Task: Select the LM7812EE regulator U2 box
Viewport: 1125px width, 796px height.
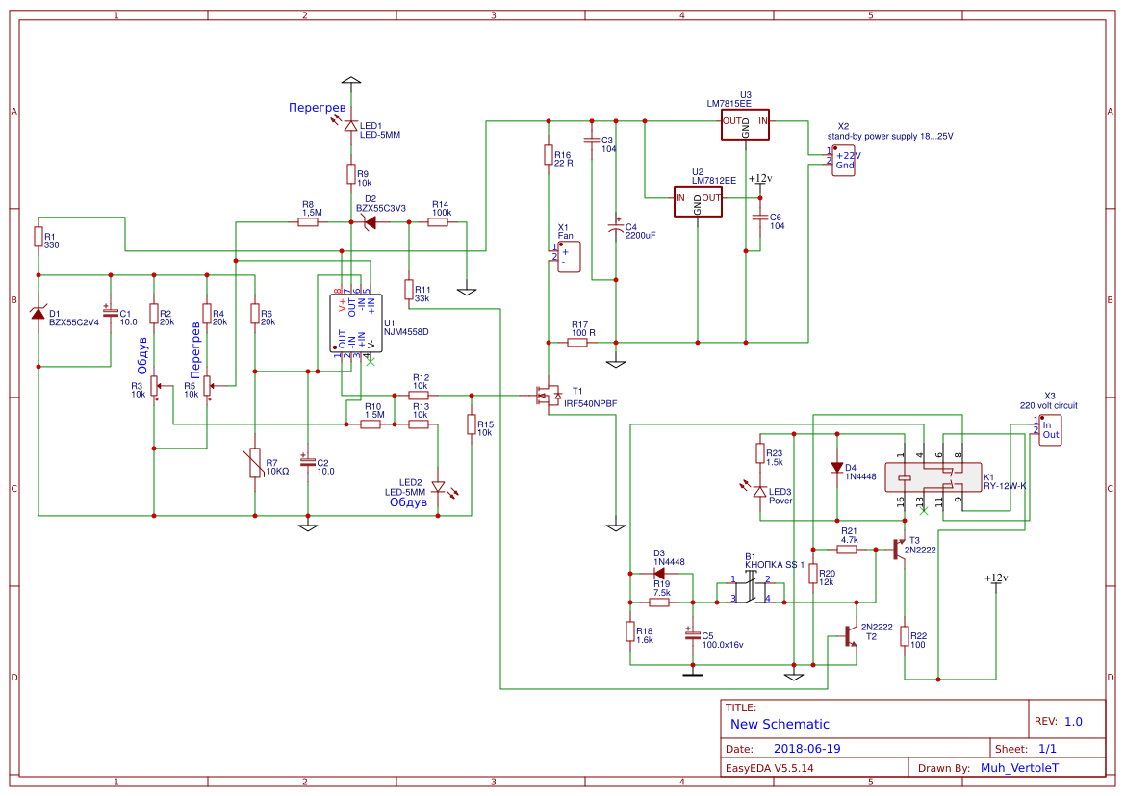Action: pyautogui.click(x=698, y=200)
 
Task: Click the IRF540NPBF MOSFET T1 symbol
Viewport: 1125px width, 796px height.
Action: pyautogui.click(x=550, y=395)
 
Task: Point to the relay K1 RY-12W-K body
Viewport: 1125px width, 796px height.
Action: pyautogui.click(x=928, y=477)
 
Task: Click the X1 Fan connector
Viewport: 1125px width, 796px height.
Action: pyautogui.click(x=568, y=256)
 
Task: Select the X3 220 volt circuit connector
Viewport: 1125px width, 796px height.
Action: pyautogui.click(x=1049, y=428)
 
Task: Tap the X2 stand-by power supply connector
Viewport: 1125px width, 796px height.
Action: pyautogui.click(x=844, y=160)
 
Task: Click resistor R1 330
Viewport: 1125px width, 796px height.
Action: pyautogui.click(x=38, y=237)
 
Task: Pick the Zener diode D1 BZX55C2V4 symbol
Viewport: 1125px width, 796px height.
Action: pyautogui.click(x=38, y=313)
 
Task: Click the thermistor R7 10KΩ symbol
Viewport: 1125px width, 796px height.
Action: pyautogui.click(x=255, y=463)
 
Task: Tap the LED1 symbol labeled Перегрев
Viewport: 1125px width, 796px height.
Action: pyautogui.click(x=351, y=126)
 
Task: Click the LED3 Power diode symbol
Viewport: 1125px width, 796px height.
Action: pyautogui.click(x=759, y=492)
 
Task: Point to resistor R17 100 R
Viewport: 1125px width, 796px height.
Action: pyautogui.click(x=577, y=342)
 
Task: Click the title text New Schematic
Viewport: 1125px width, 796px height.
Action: pyautogui.click(x=780, y=724)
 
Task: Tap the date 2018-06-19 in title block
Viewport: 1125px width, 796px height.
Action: pyautogui.click(x=807, y=748)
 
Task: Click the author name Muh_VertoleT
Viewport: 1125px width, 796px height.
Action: pyautogui.click(x=1018, y=768)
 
